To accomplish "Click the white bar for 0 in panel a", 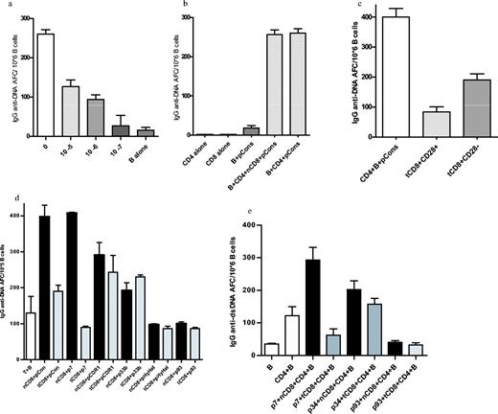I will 45,85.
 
